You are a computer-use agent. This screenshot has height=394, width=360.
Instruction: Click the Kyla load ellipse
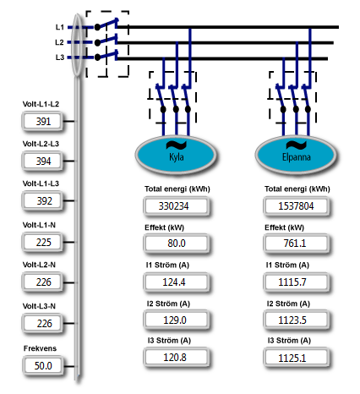pyautogui.click(x=176, y=155)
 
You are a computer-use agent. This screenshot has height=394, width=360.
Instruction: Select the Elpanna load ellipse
pyautogui.click(x=296, y=155)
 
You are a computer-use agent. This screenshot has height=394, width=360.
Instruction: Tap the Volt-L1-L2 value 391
pyautogui.click(x=42, y=122)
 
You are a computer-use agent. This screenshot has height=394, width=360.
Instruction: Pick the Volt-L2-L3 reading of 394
pyautogui.click(x=42, y=161)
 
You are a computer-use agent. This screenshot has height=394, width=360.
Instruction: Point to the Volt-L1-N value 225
pyautogui.click(x=42, y=243)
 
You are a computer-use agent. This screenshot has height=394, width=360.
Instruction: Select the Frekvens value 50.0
pyautogui.click(x=43, y=365)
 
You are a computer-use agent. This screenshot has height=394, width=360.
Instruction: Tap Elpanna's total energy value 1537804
pyautogui.click(x=297, y=206)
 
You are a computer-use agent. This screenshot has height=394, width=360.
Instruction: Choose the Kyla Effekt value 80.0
pyautogui.click(x=177, y=243)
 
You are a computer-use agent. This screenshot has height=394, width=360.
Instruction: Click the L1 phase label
pyautogui.click(x=60, y=27)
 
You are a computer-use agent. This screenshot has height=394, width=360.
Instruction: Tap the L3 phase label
pyautogui.click(x=60, y=57)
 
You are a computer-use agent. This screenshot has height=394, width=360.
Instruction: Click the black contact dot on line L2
pyautogui.click(x=97, y=43)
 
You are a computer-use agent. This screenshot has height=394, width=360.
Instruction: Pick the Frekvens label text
pyautogui.click(x=40, y=348)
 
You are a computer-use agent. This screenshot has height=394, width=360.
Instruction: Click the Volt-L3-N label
pyautogui.click(x=39, y=306)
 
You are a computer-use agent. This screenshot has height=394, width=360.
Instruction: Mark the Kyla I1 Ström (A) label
pyautogui.click(x=167, y=265)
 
